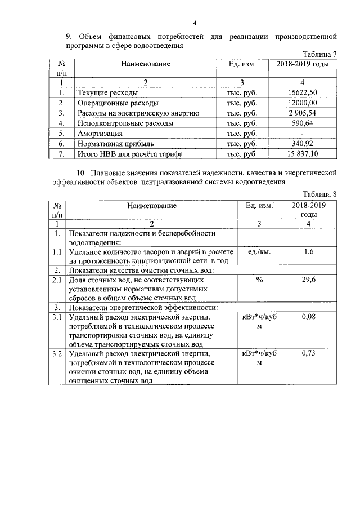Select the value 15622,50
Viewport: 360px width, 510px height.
tap(303, 92)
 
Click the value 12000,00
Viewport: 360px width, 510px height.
tap(303, 103)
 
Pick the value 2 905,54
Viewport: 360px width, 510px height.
tap(303, 113)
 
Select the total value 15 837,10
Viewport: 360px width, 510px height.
tap(303, 153)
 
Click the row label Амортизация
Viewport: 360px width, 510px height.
tap(100, 134)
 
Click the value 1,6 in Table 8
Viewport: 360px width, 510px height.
tap(308, 252)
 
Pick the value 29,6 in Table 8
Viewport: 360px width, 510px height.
tap(308, 280)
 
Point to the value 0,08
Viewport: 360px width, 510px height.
tap(308, 318)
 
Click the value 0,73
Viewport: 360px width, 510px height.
tap(308, 353)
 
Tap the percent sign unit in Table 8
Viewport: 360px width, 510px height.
tap(259, 280)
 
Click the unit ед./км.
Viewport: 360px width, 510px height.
tap(259, 252)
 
